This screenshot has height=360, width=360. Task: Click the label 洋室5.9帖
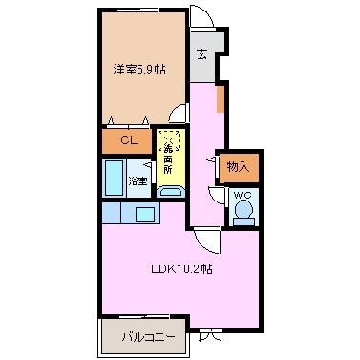139,70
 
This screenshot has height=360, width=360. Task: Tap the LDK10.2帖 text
181,269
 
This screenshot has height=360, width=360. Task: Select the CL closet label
129,140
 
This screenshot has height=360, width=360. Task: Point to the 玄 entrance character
201,54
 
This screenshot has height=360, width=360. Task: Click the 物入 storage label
239,166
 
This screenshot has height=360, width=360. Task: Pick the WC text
243,195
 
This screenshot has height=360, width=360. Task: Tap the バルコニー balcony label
148,337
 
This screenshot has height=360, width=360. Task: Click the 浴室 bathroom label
138,181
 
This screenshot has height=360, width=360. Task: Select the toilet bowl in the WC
244,209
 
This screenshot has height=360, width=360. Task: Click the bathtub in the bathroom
115,178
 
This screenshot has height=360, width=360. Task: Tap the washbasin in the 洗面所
170,192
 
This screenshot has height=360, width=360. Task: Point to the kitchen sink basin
145,214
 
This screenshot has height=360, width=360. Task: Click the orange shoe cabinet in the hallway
221,99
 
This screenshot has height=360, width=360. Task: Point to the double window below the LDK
210,336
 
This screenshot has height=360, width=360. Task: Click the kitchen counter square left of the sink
111,212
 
